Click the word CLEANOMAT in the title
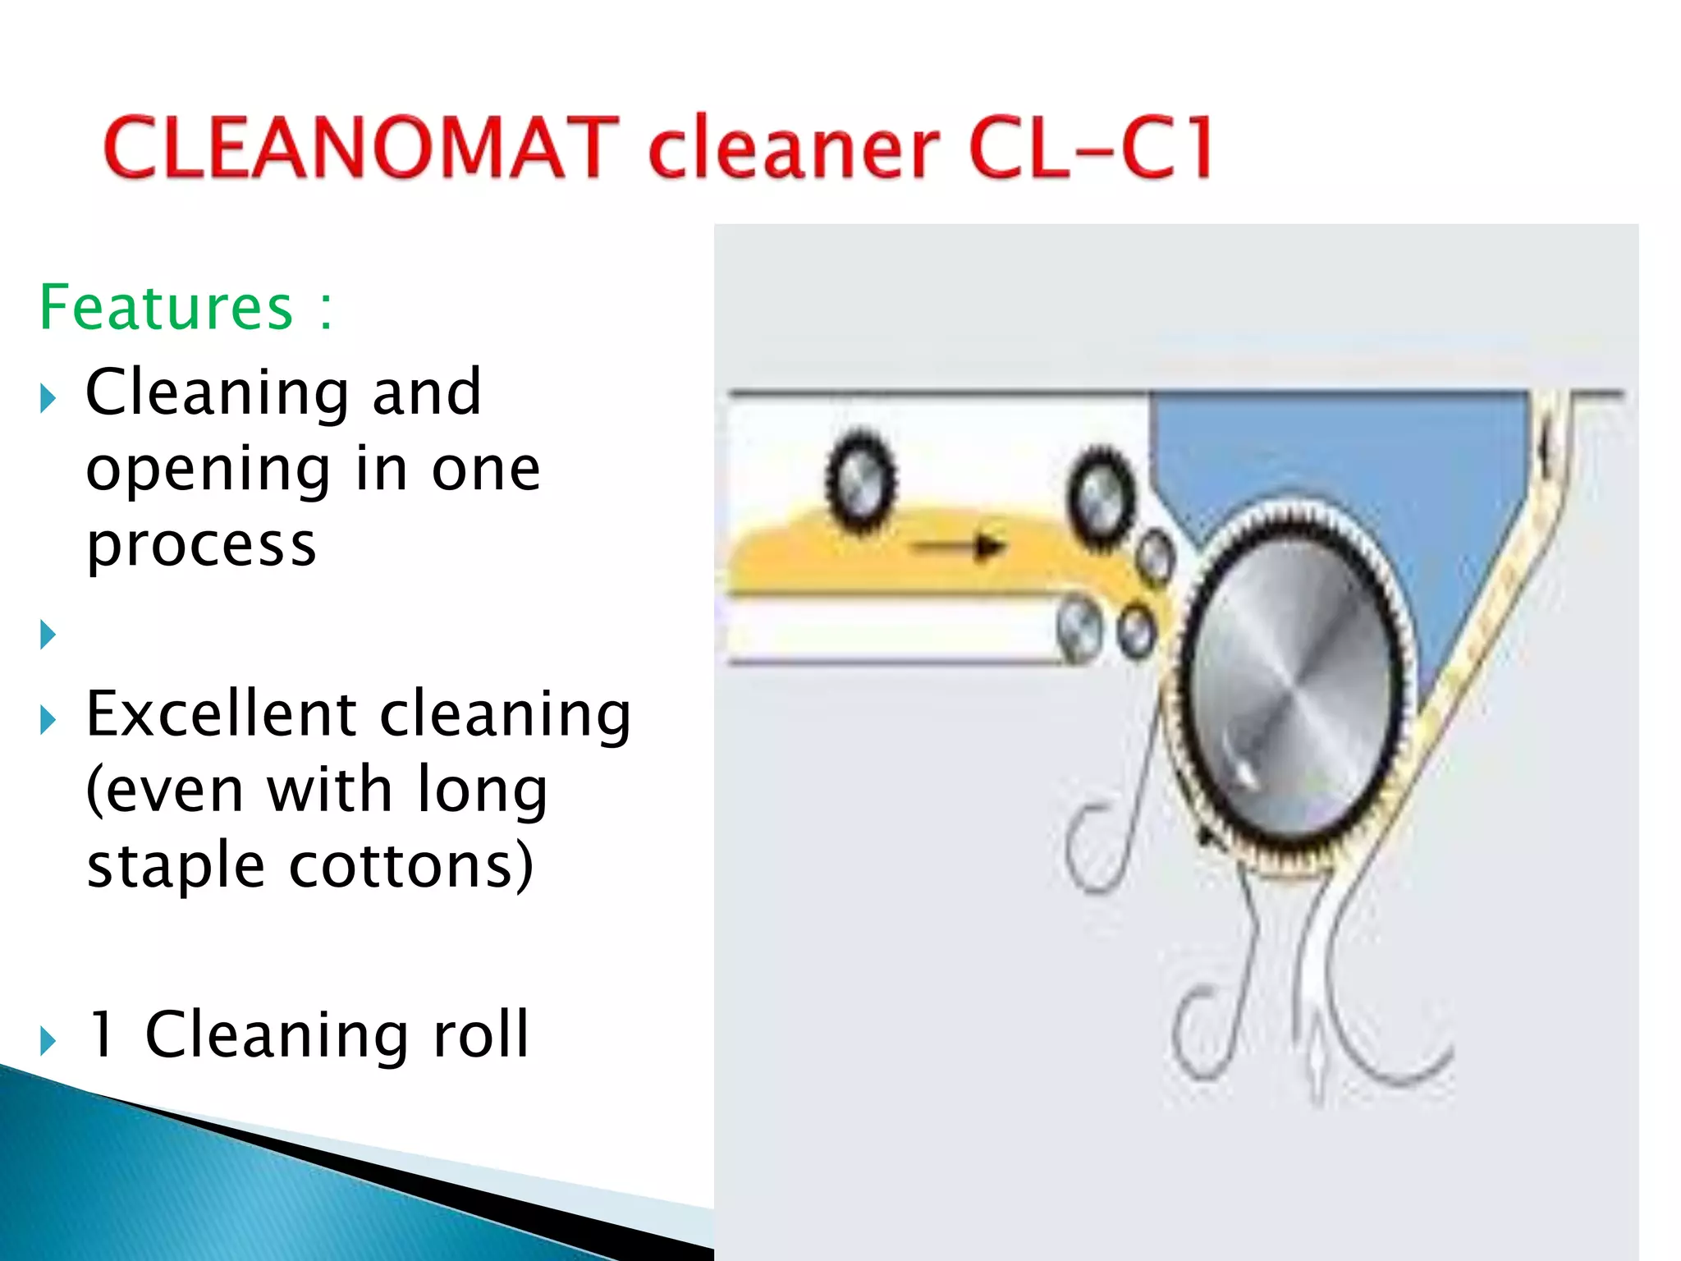361,148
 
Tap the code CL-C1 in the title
1090,148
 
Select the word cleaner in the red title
794,150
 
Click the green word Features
167,308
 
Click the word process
201,546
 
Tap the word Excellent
222,713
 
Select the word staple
176,867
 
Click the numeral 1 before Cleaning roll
102,1034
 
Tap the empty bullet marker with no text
48,635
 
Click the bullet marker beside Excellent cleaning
48,720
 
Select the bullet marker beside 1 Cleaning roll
48,1041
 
